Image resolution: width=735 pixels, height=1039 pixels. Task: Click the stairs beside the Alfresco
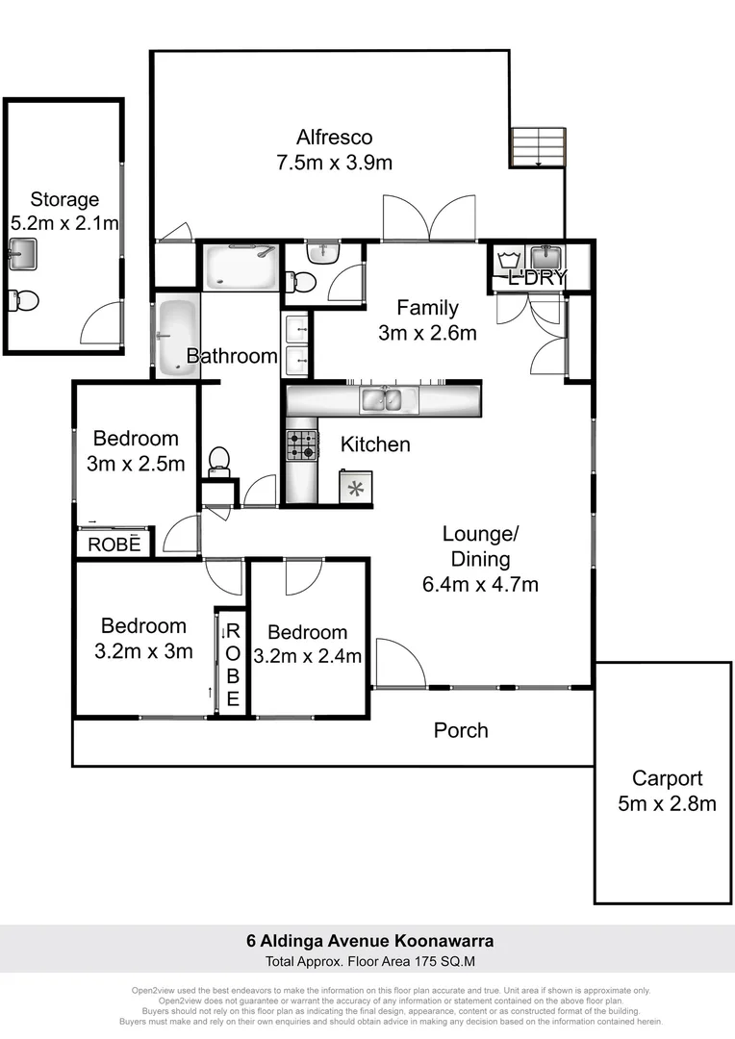[x=537, y=147]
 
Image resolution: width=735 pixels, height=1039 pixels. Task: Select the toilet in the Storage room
[x=24, y=300]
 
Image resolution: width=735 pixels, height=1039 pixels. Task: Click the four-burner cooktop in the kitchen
[x=301, y=444]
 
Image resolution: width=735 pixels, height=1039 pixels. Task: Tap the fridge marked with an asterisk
[x=355, y=487]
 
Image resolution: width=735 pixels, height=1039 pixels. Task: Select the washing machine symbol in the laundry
[x=508, y=259]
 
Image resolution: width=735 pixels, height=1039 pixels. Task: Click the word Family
[x=427, y=309]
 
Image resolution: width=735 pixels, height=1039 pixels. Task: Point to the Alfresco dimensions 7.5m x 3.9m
[x=334, y=163]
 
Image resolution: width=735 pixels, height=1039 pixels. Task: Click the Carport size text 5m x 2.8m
[x=667, y=803]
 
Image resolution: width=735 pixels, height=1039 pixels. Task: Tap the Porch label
[x=461, y=731]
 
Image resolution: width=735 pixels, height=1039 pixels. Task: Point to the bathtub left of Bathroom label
[x=175, y=339]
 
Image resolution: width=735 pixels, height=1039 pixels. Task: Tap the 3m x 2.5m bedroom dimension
[x=136, y=465]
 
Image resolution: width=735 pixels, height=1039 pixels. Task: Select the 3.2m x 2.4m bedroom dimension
[x=308, y=657]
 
